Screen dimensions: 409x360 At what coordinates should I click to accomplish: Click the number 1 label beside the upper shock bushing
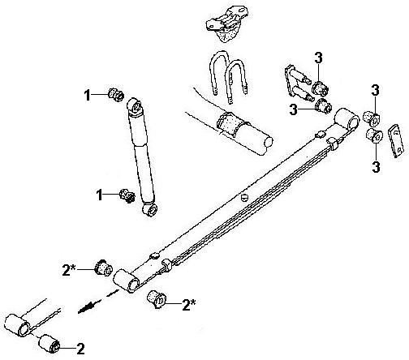tap(87, 95)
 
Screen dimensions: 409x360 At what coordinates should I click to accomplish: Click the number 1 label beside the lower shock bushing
tap(100, 195)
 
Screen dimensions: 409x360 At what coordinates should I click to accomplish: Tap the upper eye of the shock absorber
tap(136, 106)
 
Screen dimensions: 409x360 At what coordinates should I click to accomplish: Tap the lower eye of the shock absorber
tap(150, 209)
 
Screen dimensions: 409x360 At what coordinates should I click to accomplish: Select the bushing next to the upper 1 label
tap(116, 95)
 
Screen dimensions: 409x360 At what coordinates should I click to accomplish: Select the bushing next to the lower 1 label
tap(127, 196)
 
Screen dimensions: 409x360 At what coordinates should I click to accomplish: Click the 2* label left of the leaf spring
tap(69, 270)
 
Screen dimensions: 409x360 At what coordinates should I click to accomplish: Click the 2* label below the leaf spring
tap(189, 305)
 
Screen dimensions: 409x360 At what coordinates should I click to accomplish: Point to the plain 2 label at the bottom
tap(80, 349)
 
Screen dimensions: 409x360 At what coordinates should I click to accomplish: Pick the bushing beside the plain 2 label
tap(50, 343)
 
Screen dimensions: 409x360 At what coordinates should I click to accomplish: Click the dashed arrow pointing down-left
tap(98, 302)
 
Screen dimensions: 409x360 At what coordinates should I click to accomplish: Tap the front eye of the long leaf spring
tap(127, 281)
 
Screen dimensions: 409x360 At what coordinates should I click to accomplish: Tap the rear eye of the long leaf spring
tap(347, 119)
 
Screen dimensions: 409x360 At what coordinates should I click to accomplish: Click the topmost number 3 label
tap(318, 58)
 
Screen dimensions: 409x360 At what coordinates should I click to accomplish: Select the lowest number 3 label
tap(376, 166)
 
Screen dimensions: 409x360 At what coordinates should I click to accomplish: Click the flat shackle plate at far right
tap(396, 140)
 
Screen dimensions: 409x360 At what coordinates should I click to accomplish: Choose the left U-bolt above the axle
tap(218, 73)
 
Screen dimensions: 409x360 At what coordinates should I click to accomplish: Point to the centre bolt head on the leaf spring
tap(244, 198)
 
